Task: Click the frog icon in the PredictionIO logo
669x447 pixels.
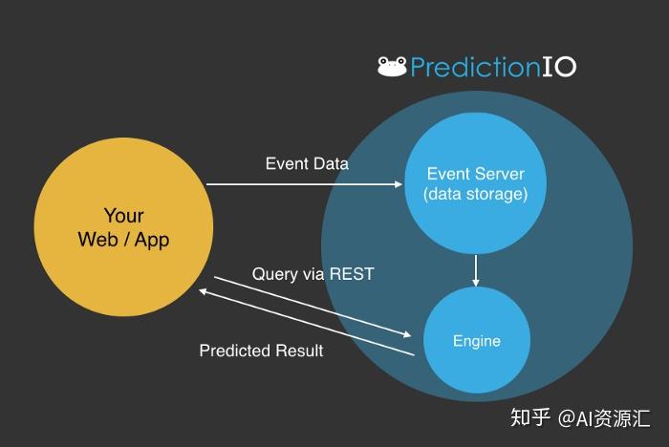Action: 392,66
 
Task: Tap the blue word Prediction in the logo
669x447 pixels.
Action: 470,67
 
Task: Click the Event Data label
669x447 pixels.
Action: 307,163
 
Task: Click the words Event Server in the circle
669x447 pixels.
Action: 475,174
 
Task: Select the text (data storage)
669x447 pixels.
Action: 475,195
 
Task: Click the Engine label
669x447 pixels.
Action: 476,341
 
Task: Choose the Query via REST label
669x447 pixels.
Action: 313,274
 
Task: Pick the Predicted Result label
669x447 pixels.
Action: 261,351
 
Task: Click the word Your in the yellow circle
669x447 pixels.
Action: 123,215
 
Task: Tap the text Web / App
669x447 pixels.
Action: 123,239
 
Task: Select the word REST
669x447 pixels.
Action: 351,274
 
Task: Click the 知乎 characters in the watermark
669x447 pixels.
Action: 529,417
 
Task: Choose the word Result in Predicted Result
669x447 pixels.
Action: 298,351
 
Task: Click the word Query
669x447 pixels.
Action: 273,274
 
